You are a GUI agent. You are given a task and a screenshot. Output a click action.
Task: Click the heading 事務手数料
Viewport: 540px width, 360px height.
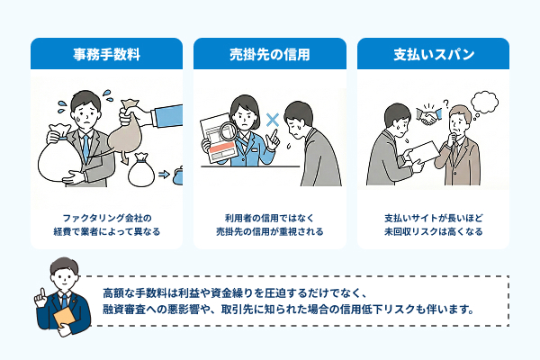[x=106, y=54]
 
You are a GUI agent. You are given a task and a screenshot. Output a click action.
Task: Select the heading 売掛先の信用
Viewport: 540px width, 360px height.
[x=269, y=54]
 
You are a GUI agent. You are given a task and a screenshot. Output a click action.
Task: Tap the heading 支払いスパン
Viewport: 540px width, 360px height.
[x=433, y=54]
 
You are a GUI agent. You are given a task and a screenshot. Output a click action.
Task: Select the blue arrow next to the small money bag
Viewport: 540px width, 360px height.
[x=165, y=174]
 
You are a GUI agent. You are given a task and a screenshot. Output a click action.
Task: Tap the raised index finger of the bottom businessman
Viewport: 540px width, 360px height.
[x=40, y=291]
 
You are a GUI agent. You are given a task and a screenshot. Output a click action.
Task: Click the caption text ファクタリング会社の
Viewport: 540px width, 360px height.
[x=106, y=218]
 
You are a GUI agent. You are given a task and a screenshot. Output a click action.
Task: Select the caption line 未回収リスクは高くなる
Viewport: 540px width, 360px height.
[x=433, y=232]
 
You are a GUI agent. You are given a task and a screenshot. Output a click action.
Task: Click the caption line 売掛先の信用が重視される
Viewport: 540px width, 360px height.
[x=269, y=232]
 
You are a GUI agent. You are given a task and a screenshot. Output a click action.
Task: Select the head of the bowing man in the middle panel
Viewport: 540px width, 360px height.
[x=298, y=115]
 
